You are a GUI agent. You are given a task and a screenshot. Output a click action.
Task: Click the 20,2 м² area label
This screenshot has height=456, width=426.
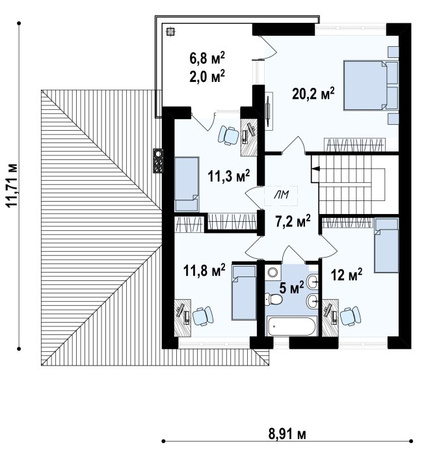313,94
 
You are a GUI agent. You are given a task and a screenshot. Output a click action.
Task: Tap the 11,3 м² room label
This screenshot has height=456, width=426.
229,176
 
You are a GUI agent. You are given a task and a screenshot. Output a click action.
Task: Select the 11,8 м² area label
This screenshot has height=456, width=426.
204,270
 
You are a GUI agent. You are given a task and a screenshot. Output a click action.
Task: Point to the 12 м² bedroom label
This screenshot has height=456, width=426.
347,275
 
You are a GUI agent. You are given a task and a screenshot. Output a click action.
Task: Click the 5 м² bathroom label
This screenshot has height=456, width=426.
291,288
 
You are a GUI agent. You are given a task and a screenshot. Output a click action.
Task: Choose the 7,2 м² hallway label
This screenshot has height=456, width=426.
293,222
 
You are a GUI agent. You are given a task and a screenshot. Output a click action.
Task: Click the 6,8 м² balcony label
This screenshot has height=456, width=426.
207,58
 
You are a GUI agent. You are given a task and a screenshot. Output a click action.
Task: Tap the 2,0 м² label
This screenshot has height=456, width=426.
207,76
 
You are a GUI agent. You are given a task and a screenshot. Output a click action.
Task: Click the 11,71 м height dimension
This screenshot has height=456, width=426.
12,185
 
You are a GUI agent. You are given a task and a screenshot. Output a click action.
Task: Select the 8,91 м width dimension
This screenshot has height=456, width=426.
287,435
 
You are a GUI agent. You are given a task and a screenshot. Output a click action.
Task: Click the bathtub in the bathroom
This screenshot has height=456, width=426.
291,326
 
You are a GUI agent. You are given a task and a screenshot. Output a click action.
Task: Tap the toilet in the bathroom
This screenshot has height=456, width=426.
273,299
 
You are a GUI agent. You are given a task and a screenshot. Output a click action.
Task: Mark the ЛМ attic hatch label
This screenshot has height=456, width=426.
281,195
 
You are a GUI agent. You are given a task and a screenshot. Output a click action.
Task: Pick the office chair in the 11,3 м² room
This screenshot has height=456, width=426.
228,135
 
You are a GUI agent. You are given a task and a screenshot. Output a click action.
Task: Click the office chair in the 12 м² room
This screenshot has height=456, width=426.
351,316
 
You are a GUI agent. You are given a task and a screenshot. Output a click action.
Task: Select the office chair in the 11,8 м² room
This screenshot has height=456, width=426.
203,316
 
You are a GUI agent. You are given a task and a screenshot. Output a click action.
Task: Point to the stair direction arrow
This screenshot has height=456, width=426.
315,168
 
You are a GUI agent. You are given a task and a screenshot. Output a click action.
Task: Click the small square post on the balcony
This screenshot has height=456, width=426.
170,31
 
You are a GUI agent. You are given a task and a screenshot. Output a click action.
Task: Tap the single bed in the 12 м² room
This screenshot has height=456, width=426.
386,245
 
